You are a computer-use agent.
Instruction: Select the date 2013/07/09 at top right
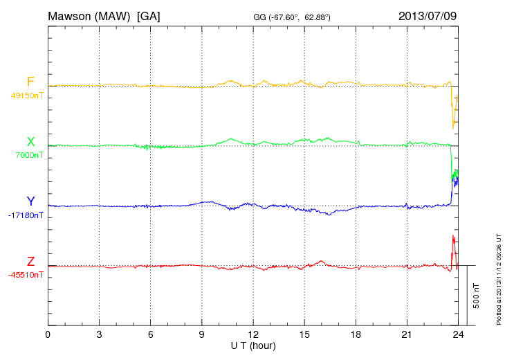click(428, 15)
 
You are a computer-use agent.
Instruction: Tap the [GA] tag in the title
click(149, 15)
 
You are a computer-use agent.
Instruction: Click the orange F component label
click(30, 82)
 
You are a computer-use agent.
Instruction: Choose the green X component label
click(30, 142)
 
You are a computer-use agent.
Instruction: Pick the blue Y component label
click(30, 201)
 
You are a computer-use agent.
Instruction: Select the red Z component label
click(30, 261)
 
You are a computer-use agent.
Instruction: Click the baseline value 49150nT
click(26, 96)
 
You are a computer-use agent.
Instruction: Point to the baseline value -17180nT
click(25, 215)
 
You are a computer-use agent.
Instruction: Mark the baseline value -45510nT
click(25, 275)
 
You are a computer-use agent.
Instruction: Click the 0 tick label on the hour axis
click(48, 335)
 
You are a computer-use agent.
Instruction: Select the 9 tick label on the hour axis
click(201, 335)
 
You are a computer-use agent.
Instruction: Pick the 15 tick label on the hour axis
click(304, 335)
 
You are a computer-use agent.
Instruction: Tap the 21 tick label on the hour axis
click(406, 335)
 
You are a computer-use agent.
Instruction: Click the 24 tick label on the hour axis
click(457, 335)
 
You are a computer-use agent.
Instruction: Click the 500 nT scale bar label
click(477, 295)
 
